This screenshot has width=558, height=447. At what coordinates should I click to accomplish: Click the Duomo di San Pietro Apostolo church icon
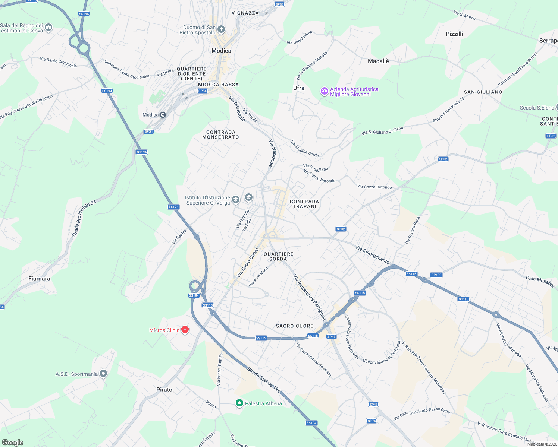[x=221, y=29]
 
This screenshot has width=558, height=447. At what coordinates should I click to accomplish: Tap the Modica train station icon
[x=163, y=115]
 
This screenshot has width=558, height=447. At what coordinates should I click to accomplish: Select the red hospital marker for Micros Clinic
[x=185, y=330]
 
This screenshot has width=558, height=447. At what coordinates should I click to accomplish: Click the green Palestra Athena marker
[x=239, y=403]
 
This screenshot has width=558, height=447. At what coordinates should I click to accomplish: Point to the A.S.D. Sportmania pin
[x=103, y=374]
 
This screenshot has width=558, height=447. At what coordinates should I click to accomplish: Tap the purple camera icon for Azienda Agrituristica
[x=325, y=91]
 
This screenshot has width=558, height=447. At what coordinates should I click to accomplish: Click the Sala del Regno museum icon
[x=48, y=27]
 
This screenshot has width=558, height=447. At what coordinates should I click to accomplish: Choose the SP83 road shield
[x=279, y=4]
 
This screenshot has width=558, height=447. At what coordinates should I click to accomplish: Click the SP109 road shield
[x=436, y=275]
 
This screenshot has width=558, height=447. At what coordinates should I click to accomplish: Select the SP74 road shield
[x=372, y=421]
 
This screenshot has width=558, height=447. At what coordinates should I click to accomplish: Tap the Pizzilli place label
[x=454, y=34]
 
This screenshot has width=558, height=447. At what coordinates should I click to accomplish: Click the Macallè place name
[x=378, y=61]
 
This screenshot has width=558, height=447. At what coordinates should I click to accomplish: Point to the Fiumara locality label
[x=39, y=279]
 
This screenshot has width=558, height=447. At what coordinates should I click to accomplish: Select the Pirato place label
[x=164, y=390]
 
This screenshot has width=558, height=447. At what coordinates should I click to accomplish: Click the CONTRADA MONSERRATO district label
[x=220, y=134]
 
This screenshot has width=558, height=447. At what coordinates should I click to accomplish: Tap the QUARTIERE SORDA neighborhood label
[x=278, y=256]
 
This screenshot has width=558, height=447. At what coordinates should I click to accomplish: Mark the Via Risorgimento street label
[x=372, y=254]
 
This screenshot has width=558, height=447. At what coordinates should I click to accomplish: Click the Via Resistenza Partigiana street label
[x=310, y=297]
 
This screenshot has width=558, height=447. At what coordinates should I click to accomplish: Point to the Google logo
[x=13, y=442]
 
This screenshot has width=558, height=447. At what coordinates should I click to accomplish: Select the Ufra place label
[x=299, y=88]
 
